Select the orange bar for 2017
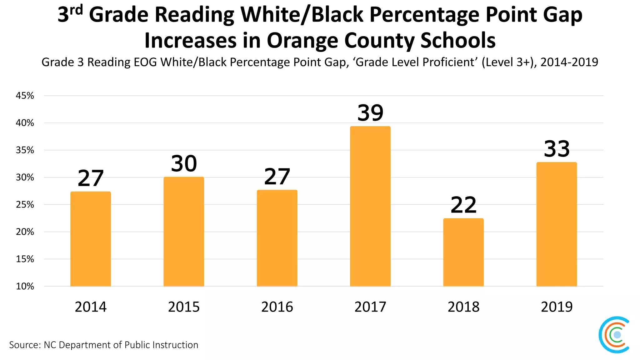[370, 206]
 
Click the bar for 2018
[463, 252]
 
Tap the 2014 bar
[91, 239]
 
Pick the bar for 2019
[557, 224]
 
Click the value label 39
[370, 113]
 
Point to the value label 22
[463, 205]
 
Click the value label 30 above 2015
[184, 163]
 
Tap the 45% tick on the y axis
[25, 96]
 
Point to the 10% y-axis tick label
[25, 286]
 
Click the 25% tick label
[25, 205]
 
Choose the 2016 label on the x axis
[277, 307]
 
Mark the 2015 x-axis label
[184, 307]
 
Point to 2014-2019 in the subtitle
[569, 62]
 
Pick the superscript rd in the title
[76, 10]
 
